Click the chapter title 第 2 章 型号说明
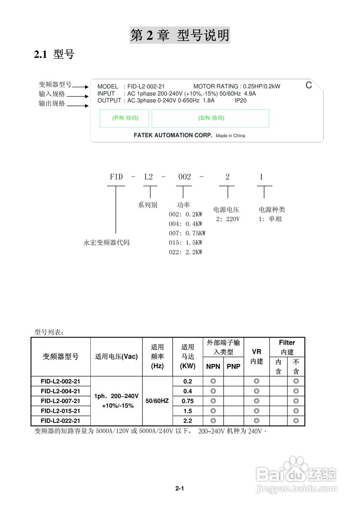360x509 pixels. click(x=180, y=36)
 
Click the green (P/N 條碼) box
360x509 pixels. click(x=125, y=118)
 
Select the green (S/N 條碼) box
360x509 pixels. click(x=210, y=118)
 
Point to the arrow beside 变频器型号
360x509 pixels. click(x=80, y=86)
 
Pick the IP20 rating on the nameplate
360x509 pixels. click(x=240, y=101)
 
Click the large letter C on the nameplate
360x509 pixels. click(x=309, y=85)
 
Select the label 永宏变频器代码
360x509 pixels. click(x=107, y=242)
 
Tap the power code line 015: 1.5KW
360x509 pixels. click(x=185, y=243)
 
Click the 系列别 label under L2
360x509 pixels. click(x=148, y=205)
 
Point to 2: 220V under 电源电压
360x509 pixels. click(x=228, y=219)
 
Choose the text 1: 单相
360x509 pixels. click(x=270, y=219)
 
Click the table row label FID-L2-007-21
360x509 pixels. click(x=60, y=401)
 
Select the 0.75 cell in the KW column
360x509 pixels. click(x=188, y=401)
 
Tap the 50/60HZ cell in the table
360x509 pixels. click(x=157, y=401)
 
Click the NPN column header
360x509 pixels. click(x=213, y=367)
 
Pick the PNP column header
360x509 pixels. click(x=234, y=367)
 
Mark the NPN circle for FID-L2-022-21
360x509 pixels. click(x=213, y=421)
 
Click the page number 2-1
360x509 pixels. click(x=179, y=488)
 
